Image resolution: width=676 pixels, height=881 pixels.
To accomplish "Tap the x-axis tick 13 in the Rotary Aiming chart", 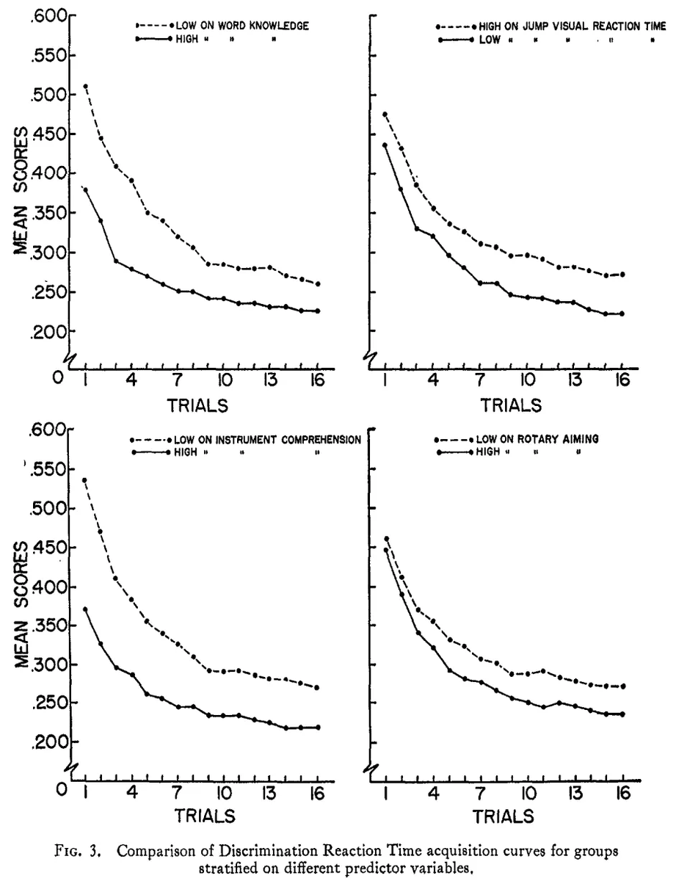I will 574,794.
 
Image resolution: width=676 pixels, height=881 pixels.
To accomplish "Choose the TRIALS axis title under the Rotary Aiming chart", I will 503,816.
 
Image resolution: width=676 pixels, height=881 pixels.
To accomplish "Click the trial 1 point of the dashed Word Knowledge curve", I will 85,86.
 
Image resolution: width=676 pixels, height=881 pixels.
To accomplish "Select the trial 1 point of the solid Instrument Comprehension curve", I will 85,609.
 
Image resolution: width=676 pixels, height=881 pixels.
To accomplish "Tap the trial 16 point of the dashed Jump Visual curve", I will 622,275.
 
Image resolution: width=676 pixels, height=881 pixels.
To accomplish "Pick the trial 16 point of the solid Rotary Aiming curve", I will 622,714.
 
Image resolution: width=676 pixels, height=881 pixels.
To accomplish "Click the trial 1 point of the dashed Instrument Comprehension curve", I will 85,480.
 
